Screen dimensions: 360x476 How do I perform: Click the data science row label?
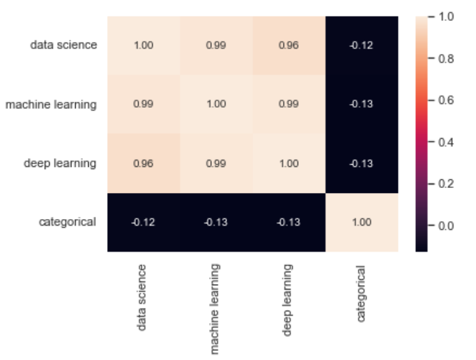(x=64, y=45)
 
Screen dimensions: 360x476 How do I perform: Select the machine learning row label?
(x=51, y=104)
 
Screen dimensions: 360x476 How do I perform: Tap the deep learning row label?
(x=61, y=163)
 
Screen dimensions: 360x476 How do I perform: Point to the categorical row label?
(x=67, y=222)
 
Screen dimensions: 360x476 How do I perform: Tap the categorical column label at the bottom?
(x=360, y=293)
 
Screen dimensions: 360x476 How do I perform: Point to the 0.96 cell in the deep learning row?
(x=143, y=163)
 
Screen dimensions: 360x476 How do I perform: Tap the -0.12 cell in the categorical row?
(x=143, y=222)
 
